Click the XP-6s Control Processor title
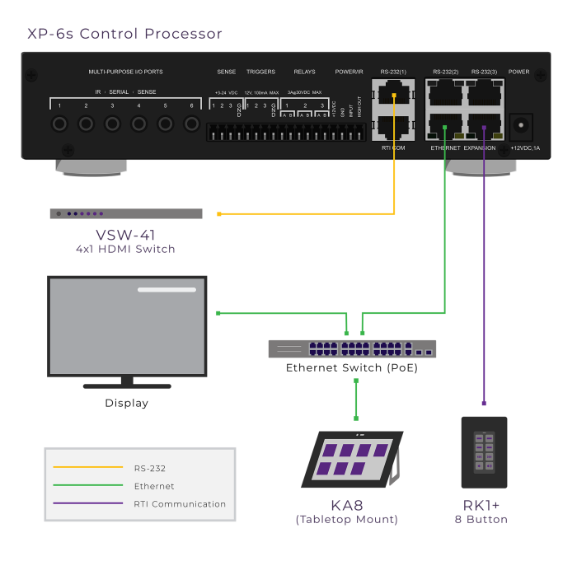pos(124,34)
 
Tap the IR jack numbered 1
pos(59,124)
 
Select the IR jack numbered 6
pos(192,124)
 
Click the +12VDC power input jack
pos(521,125)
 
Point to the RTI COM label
pos(393,147)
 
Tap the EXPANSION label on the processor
pos(480,147)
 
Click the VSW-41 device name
pos(125,235)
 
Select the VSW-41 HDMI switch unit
pos(125,214)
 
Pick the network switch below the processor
pos(352,348)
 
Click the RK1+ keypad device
pos(484,452)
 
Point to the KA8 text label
pos(346,505)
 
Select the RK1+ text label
pos(481,505)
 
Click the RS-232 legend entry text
pos(150,468)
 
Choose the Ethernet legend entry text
pos(154,486)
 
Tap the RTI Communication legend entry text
pos(180,504)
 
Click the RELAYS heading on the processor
pos(304,72)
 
